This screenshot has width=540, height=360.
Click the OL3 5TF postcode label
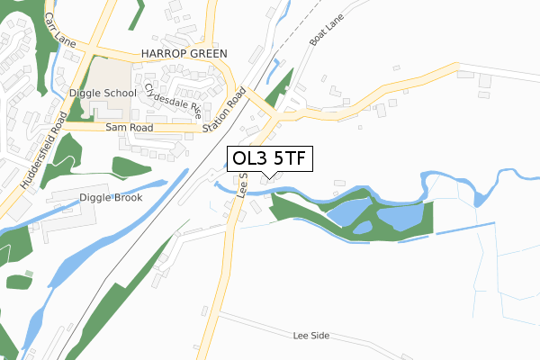270,159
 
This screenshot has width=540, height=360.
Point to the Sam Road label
125,129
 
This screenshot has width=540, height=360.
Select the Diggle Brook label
110,197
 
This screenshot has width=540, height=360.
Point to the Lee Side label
311,335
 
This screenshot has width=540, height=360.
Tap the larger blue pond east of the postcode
402,217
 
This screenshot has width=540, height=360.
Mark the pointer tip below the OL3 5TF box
274,177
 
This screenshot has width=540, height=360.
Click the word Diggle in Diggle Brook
94,197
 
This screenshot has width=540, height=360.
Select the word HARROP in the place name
162,54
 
